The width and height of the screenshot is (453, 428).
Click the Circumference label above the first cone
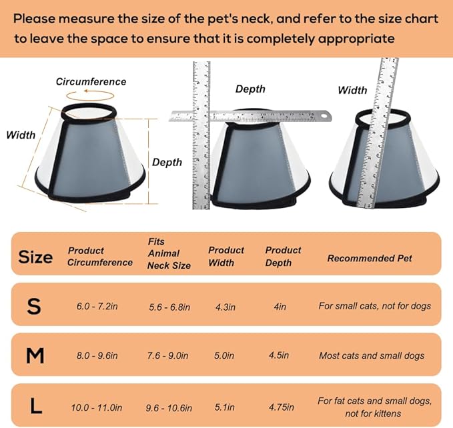tap(91, 82)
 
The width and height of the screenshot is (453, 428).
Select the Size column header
tap(35, 257)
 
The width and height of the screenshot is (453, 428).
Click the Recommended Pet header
tap(370, 258)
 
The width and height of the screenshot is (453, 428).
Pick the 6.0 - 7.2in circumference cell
tap(97, 306)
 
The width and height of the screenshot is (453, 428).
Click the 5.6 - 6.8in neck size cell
tap(169, 307)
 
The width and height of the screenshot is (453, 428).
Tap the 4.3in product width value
tap(225, 307)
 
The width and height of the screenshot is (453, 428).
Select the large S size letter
tap(34, 306)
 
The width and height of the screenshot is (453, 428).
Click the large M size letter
tap(35, 355)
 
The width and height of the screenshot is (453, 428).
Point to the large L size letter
tap(36, 406)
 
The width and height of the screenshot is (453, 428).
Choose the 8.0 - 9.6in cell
tap(97, 355)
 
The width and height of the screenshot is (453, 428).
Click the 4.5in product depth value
tap(279, 355)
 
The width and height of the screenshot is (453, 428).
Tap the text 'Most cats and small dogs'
tap(372, 355)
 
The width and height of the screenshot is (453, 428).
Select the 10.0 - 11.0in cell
tap(97, 407)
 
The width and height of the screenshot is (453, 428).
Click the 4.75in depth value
tap(282, 407)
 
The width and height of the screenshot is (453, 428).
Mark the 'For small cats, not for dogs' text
tap(375, 305)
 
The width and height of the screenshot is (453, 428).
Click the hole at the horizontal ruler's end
tap(324, 116)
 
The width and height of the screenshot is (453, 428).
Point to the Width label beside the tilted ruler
tap(352, 90)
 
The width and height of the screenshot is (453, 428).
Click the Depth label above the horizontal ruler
tap(250, 89)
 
